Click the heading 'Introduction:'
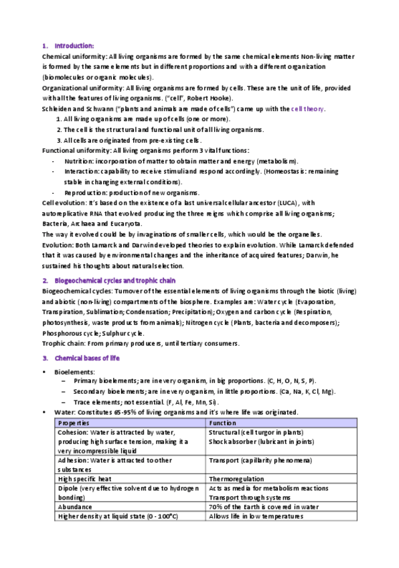pyautogui.click(x=74, y=46)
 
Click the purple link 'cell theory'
pyautogui.click(x=308, y=109)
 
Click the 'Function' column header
pyautogui.click(x=222, y=423)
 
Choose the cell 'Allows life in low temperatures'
pyautogui.click(x=256, y=516)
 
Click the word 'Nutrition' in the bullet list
pyautogui.click(x=78, y=161)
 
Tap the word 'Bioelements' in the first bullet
pyautogui.click(x=74, y=371)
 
